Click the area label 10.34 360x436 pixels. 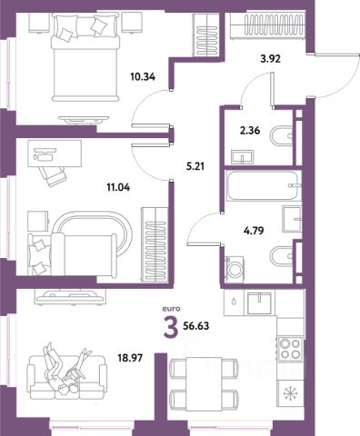(143, 77)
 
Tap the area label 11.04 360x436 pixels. (118, 187)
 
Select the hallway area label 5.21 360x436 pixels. (195, 166)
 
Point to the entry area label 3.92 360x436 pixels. (270, 58)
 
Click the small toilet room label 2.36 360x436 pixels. (250, 131)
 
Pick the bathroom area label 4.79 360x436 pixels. (254, 231)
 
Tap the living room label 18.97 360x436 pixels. (130, 359)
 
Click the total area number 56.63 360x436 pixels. (196, 326)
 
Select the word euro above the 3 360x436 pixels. (171, 309)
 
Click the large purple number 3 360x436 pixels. (171, 326)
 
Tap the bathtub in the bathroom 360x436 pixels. (264, 185)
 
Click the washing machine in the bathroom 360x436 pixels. (235, 270)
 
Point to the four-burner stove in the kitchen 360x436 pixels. (291, 349)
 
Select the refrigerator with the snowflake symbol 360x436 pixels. (291, 393)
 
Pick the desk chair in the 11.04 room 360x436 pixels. (52, 175)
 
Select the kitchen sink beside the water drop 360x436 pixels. (259, 303)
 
